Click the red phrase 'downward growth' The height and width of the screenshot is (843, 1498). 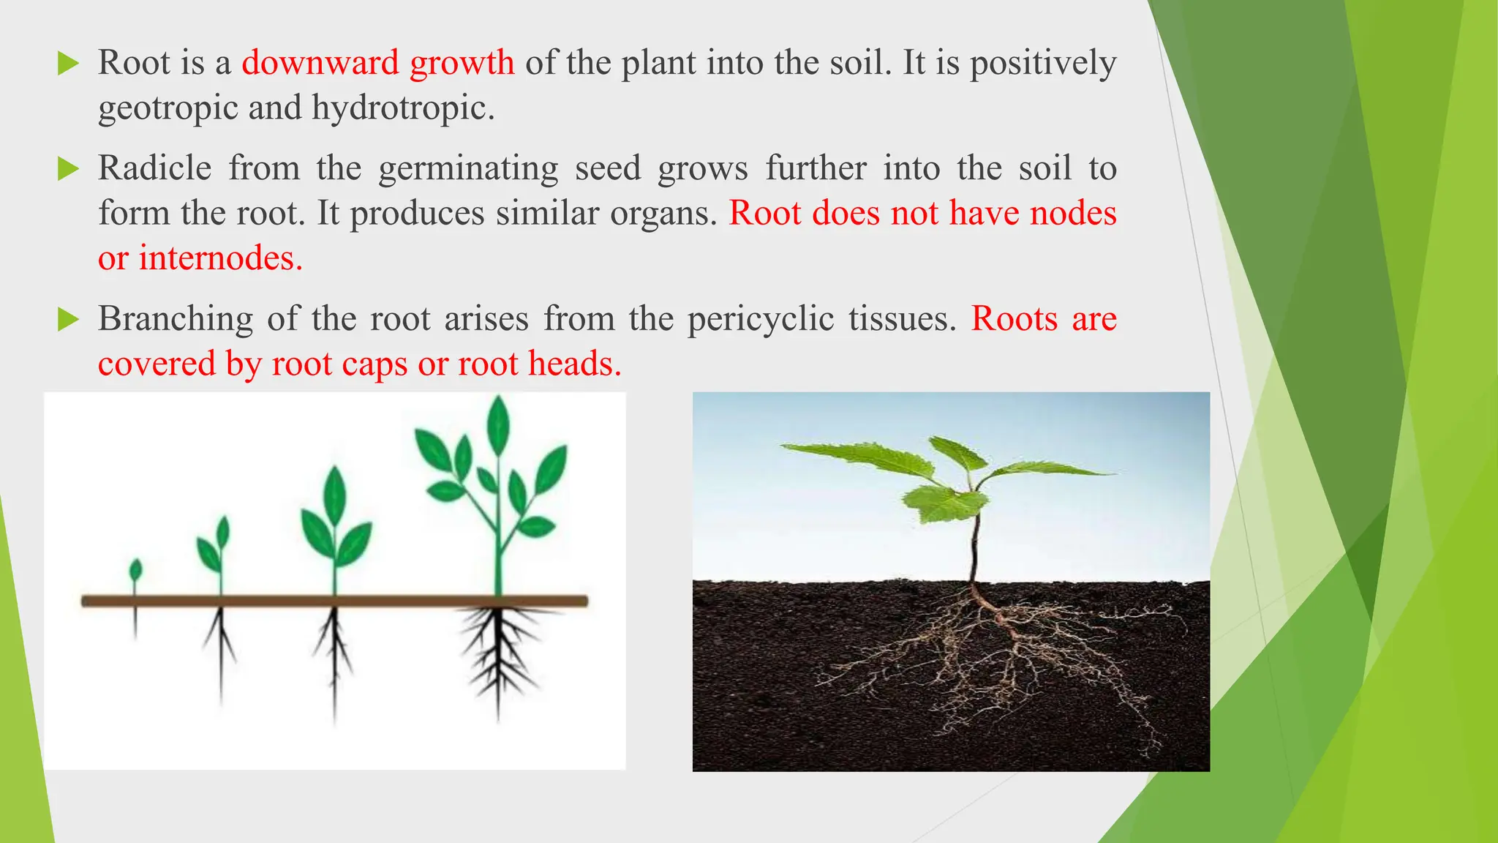click(x=377, y=63)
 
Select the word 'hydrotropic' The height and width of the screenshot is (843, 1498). click(x=403, y=108)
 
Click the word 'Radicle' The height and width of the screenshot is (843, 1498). click(x=154, y=168)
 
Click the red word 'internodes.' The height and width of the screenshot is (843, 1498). click(x=220, y=258)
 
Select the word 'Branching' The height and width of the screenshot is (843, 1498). click(x=176, y=319)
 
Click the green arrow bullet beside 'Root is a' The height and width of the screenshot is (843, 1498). click(x=67, y=64)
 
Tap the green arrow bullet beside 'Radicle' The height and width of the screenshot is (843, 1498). click(x=67, y=169)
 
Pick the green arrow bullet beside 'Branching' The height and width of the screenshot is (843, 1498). click(x=67, y=320)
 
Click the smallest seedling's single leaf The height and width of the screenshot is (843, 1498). click(x=135, y=569)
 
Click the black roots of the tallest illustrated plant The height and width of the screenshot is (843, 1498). click(x=499, y=651)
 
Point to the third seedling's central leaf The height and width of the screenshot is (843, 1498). click(x=334, y=494)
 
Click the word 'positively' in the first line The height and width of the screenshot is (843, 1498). click(x=1043, y=63)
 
